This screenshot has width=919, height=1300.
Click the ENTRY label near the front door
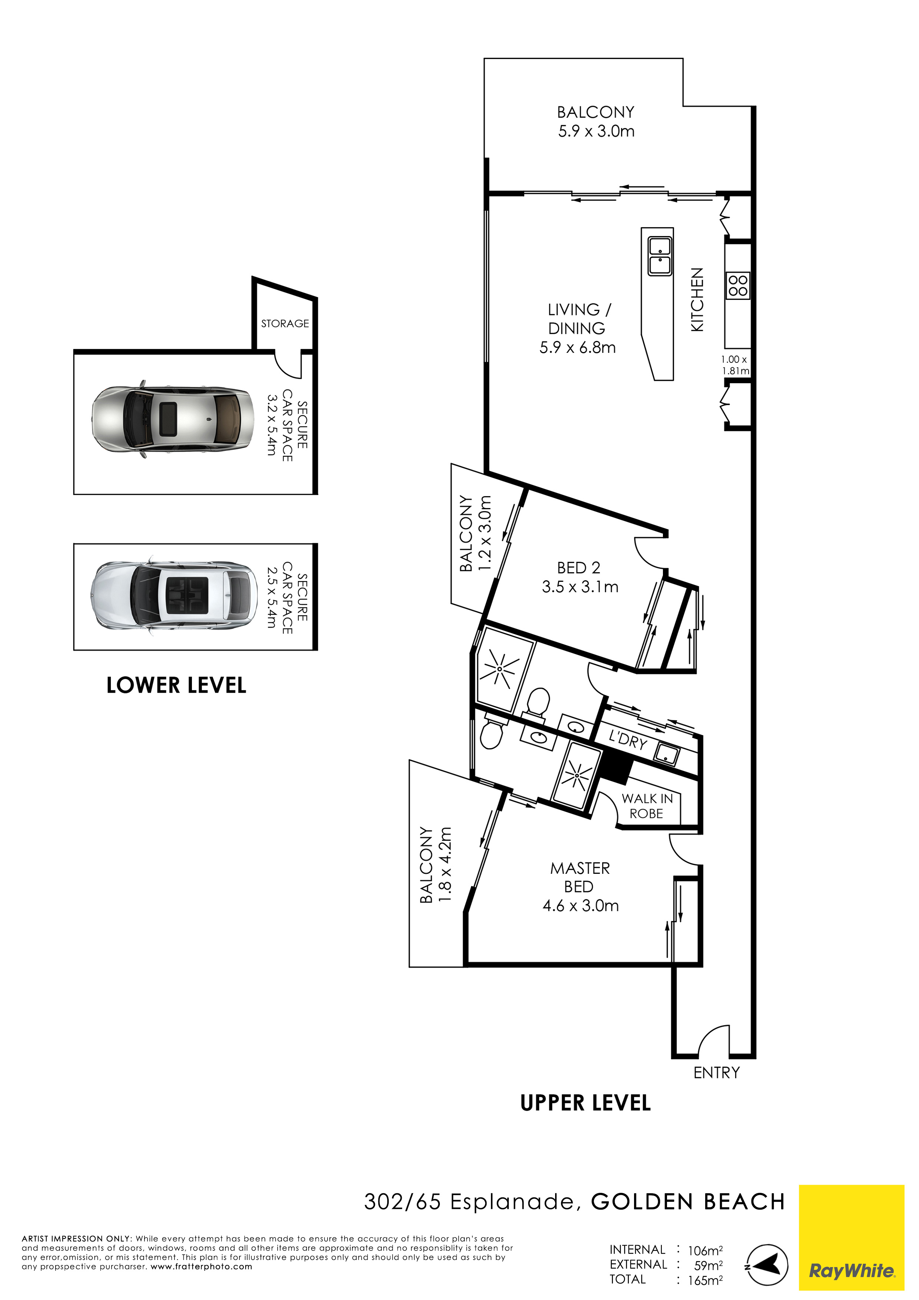click(x=716, y=1072)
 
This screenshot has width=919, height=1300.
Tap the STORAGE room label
click(x=285, y=323)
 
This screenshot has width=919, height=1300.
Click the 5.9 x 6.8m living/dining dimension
click(x=578, y=347)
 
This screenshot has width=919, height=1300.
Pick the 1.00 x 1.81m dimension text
click(x=735, y=365)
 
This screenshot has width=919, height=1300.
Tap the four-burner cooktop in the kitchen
click(x=738, y=285)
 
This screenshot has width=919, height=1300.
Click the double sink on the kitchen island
click(x=660, y=256)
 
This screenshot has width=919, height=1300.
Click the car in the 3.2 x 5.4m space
click(x=173, y=419)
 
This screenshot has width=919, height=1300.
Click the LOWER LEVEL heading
click(x=176, y=685)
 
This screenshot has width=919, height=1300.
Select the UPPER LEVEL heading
click(x=585, y=1102)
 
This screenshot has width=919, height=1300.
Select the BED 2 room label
click(x=578, y=567)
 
